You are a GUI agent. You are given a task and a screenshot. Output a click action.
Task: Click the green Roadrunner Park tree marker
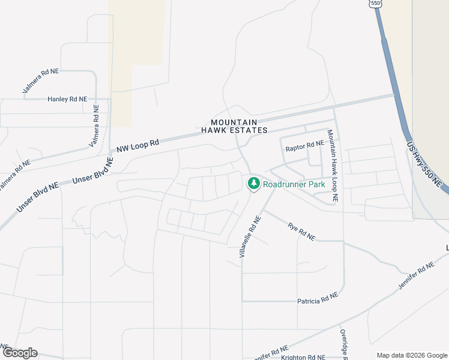click(253, 184)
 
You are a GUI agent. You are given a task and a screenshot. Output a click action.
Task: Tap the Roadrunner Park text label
click(294, 184)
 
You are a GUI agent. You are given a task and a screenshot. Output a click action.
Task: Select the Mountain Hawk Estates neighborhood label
click(234, 125)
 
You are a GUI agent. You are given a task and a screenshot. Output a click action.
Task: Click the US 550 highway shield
click(376, 4)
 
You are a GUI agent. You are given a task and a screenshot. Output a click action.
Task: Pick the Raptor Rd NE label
click(304, 146)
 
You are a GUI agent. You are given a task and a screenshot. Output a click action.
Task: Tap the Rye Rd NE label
click(301, 231)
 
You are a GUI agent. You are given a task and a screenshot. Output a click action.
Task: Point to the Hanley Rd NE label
click(67, 99)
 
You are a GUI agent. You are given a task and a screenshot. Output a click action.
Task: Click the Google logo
click(19, 353)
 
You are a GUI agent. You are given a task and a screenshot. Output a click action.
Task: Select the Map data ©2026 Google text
click(411, 355)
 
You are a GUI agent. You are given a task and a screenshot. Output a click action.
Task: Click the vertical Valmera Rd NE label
click(95, 125)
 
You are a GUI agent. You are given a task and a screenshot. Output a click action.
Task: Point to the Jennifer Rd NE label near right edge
click(415, 277)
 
